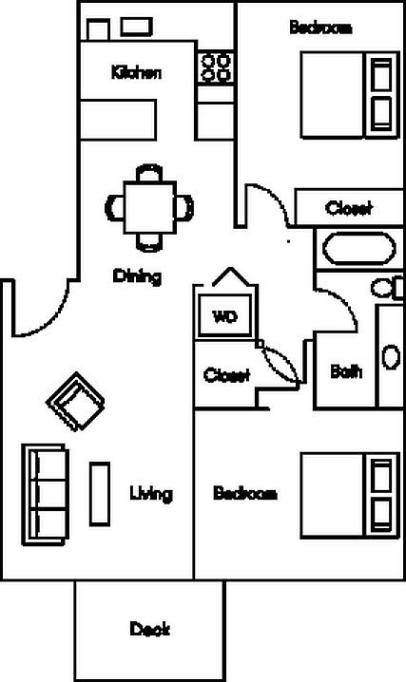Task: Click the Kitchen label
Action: [x=136, y=72]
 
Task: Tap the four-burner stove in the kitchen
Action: [x=216, y=67]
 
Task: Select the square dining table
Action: [x=150, y=207]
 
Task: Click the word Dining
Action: [x=137, y=276]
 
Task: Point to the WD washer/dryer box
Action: [x=224, y=315]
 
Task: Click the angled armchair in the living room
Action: [x=75, y=402]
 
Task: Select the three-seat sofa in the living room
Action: [x=46, y=495]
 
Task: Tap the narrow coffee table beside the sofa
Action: [x=100, y=494]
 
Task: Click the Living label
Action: [x=151, y=494]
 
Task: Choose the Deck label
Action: [x=149, y=629]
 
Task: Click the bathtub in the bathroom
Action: [x=359, y=248]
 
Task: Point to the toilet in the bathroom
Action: [x=387, y=288]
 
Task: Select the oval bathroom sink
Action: [x=391, y=357]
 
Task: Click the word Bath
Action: [x=346, y=371]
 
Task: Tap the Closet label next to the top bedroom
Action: [x=349, y=208]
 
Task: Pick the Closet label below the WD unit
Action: [x=226, y=375]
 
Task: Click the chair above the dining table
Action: [x=149, y=173]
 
